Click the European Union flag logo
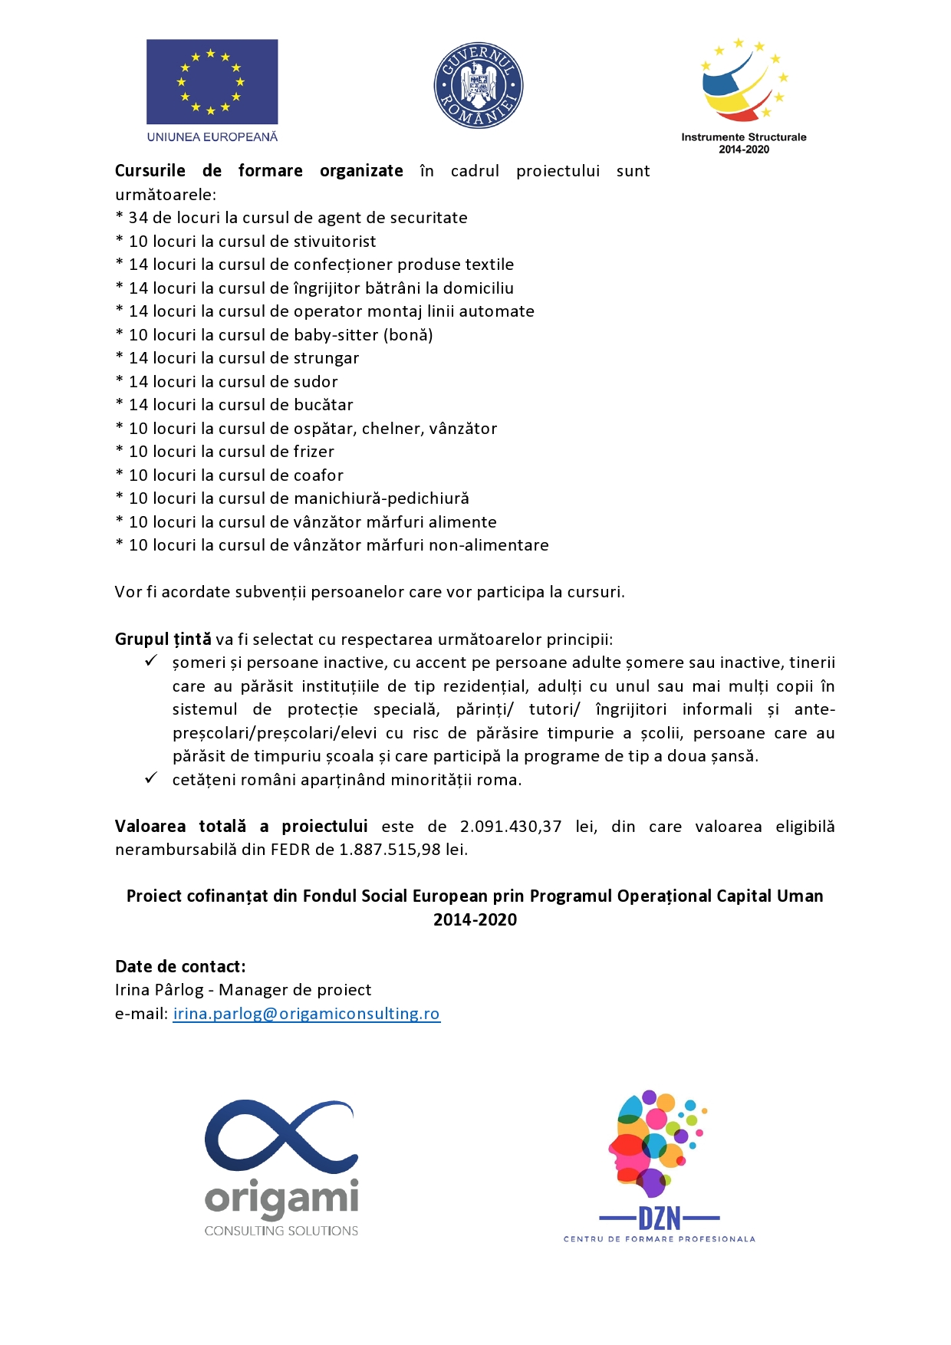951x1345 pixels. [x=212, y=81]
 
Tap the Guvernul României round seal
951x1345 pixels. [x=479, y=85]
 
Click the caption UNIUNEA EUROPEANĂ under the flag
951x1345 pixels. [x=212, y=137]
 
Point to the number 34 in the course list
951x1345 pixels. [x=138, y=218]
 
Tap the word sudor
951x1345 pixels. [x=315, y=382]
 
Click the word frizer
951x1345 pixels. [x=314, y=452]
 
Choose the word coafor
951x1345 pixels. [x=318, y=475]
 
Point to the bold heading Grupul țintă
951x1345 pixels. [x=163, y=640]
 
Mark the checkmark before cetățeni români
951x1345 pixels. [x=151, y=778]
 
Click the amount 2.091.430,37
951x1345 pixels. [x=511, y=827]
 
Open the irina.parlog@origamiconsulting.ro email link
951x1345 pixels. [x=306, y=1014]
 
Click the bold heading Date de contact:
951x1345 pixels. [x=180, y=967]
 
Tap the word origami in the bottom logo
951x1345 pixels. [x=281, y=1199]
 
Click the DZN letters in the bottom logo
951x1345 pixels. [x=660, y=1218]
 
